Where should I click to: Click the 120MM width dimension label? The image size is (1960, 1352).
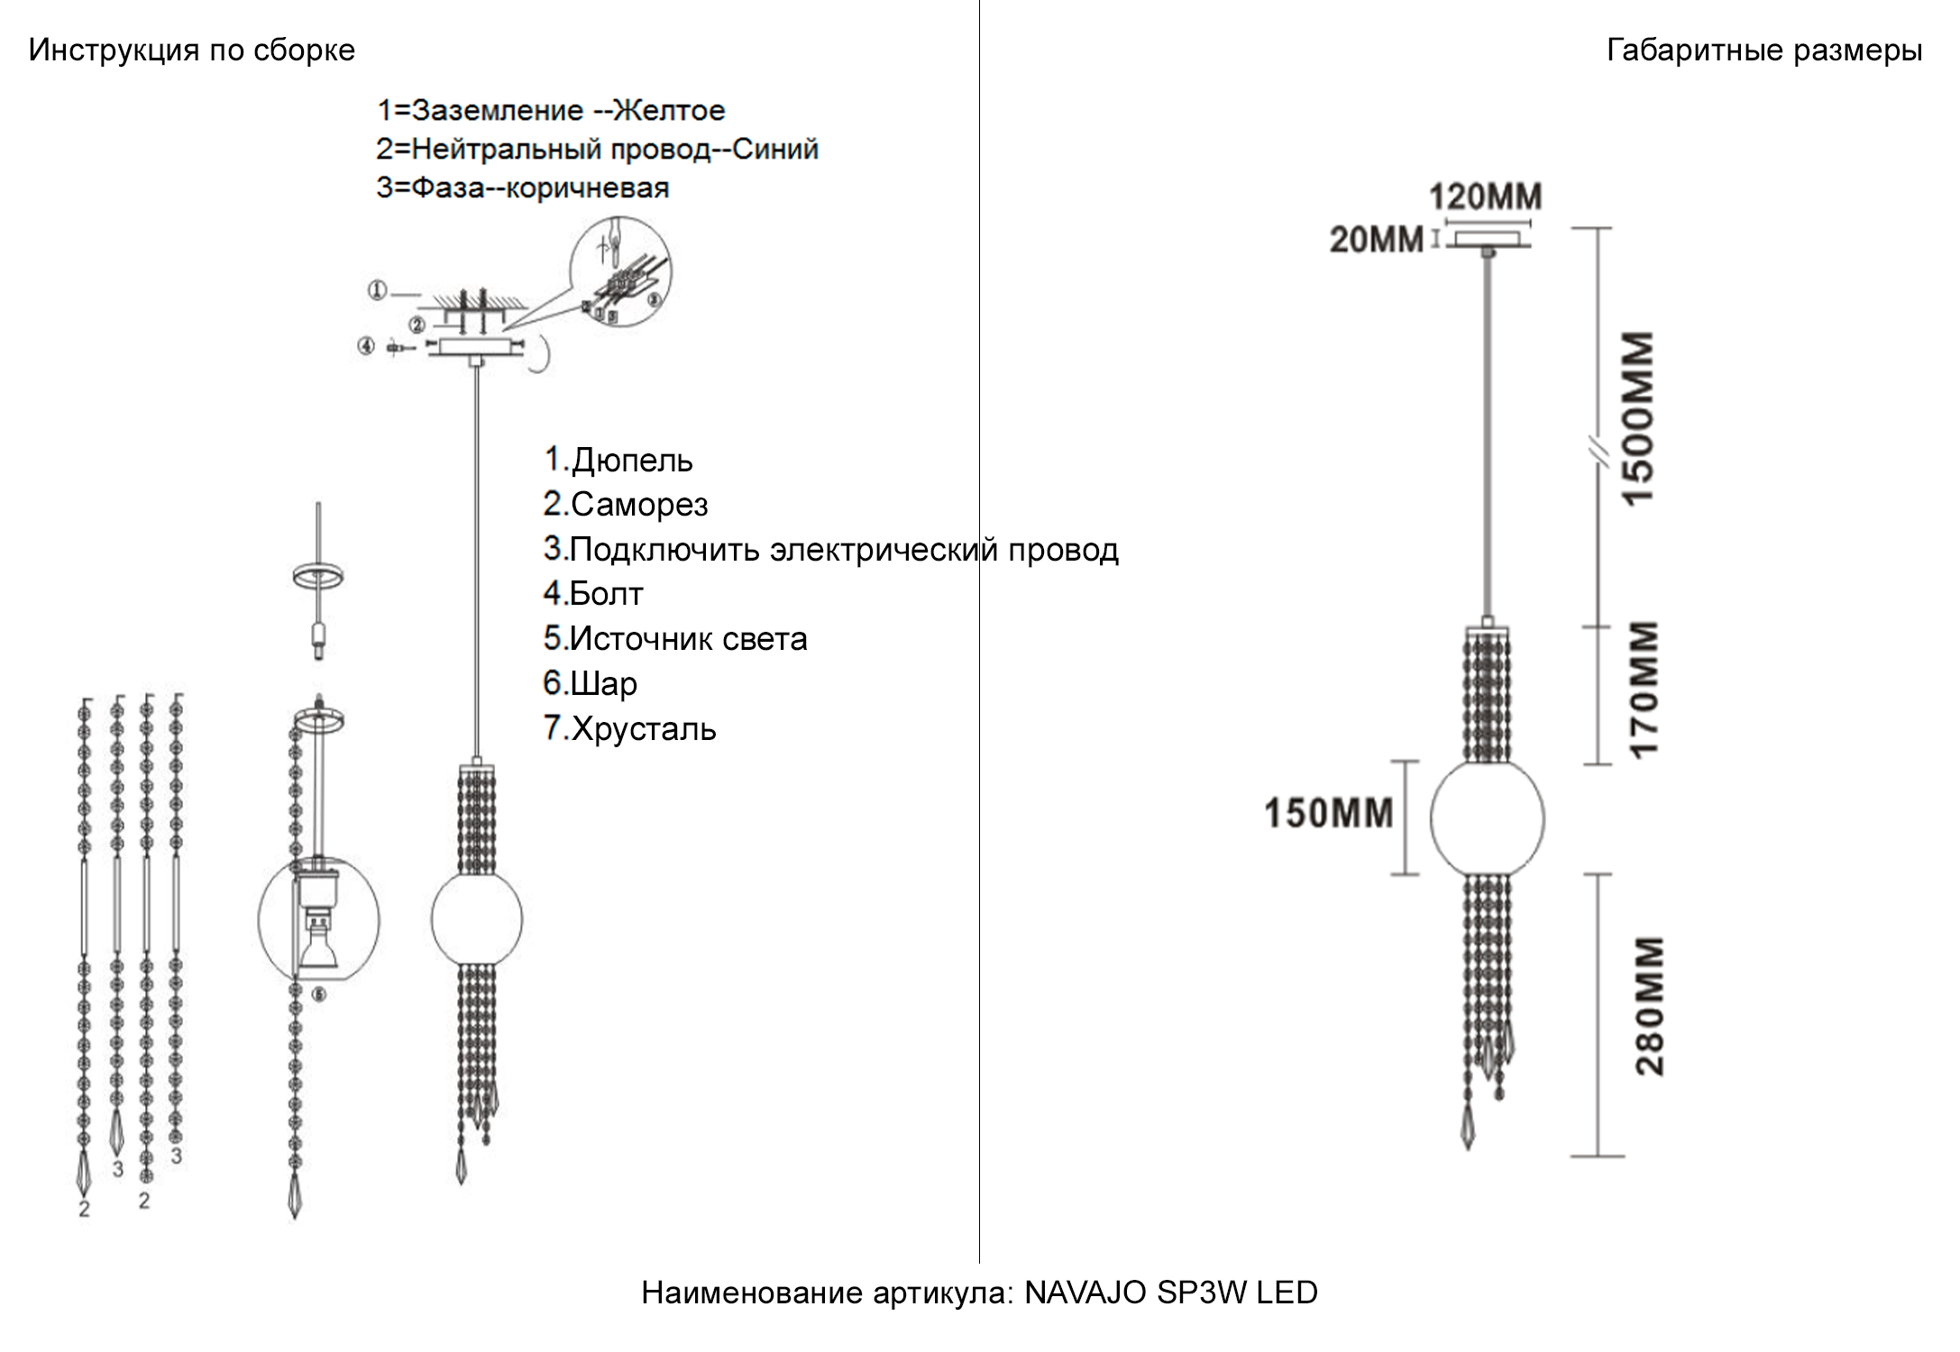click(x=1485, y=196)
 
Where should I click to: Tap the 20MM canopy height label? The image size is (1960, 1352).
click(x=1376, y=240)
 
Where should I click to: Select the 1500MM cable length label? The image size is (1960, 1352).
click(x=1638, y=418)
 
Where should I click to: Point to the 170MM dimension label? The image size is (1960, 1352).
click(x=1643, y=690)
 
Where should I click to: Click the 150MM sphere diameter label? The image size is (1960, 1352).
click(x=1328, y=813)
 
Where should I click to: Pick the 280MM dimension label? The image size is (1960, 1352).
click(x=1649, y=1006)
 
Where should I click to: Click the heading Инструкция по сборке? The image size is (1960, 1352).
click(x=191, y=50)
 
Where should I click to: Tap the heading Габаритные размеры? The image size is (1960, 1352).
click(x=1763, y=50)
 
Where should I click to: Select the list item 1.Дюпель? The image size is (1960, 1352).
click(x=618, y=461)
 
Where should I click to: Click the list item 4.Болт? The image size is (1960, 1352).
click(x=593, y=594)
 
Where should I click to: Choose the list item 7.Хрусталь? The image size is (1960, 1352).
click(x=629, y=728)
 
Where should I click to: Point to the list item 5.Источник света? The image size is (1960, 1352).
click(x=674, y=639)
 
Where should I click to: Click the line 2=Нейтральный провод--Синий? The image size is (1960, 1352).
click(x=597, y=149)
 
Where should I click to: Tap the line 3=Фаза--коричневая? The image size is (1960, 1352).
click(x=522, y=188)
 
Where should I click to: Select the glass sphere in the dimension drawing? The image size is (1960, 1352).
click(x=1487, y=818)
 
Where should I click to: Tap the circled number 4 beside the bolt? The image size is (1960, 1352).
click(x=366, y=346)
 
